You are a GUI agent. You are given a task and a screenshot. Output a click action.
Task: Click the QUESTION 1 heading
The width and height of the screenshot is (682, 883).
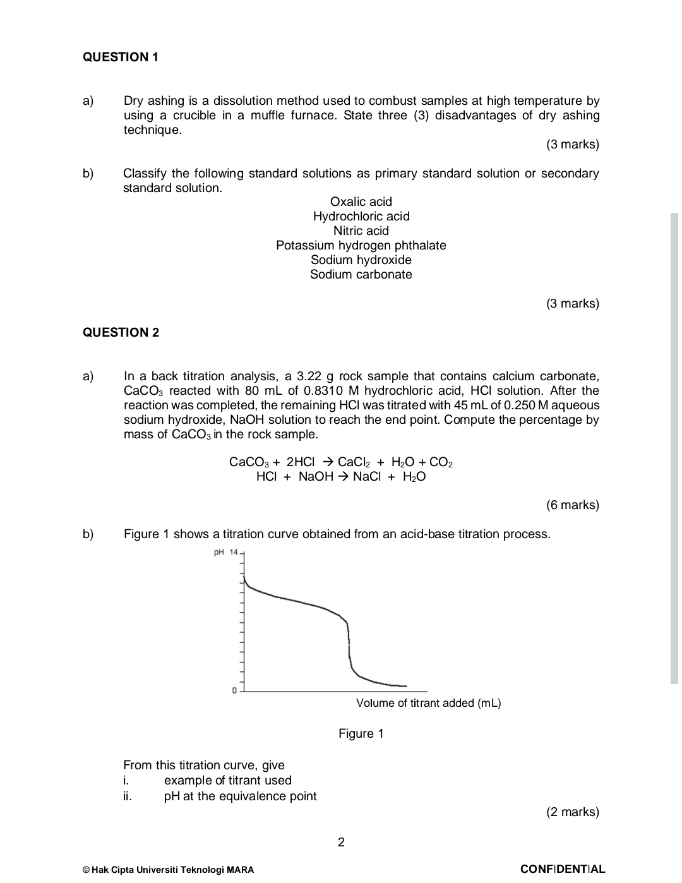pos(121,57)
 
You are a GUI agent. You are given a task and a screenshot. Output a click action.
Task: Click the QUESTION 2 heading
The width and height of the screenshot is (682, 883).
pos(121,332)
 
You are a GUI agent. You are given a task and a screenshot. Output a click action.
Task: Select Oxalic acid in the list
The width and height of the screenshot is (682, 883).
pos(361,201)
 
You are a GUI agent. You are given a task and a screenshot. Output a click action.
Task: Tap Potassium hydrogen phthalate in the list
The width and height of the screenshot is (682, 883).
pos(361,245)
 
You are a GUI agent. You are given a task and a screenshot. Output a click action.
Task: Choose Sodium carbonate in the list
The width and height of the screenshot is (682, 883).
pos(361,274)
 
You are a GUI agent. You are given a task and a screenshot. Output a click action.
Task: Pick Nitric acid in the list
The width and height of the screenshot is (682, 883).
pos(361,231)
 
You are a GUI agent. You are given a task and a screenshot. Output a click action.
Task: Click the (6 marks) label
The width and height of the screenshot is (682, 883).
pos(572,505)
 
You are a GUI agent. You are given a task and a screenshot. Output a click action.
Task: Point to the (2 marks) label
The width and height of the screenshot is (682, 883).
pos(572,812)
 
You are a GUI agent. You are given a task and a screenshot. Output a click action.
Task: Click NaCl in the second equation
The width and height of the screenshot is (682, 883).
pos(366,477)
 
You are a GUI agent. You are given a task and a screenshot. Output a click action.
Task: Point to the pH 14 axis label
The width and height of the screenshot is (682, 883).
pos(225,553)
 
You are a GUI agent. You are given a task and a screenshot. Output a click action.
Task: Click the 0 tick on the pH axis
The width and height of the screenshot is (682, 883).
pos(234,690)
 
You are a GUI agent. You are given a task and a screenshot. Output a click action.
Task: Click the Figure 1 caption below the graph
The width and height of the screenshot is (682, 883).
pos(361,733)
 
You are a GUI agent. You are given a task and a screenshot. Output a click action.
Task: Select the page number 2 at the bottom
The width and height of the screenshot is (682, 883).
pos(341,842)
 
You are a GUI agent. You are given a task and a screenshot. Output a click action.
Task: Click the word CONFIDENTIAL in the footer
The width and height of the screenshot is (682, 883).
pos(562,869)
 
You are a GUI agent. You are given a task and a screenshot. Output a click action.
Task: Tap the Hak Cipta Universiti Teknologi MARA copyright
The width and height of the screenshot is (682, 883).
pos(169,870)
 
